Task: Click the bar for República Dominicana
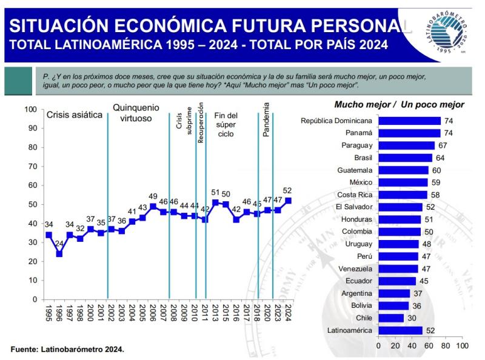click(409, 121)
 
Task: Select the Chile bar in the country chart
click(391, 318)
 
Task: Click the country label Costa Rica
click(356, 195)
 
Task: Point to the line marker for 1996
click(59, 253)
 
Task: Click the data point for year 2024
click(289, 201)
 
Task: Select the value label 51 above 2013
click(215, 193)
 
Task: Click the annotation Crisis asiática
click(75, 114)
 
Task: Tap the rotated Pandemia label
click(266, 120)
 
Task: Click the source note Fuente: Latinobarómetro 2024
click(67, 350)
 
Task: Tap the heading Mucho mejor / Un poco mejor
click(399, 105)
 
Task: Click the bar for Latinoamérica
click(400, 330)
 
